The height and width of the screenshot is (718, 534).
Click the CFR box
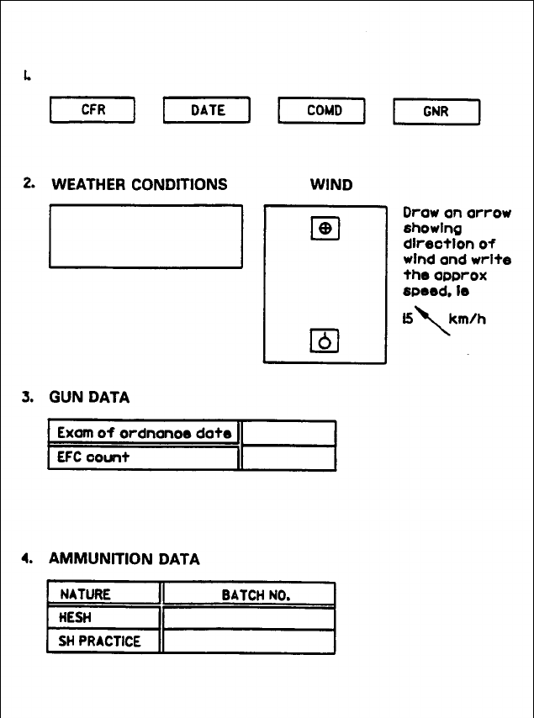[93, 111]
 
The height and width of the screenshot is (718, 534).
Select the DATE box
[207, 111]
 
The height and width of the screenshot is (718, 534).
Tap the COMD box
[323, 111]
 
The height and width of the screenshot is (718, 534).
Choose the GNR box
[436, 112]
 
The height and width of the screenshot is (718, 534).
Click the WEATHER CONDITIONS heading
[139, 184]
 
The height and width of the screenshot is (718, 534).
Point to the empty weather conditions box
[145, 236]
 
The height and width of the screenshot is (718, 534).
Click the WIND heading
[331, 184]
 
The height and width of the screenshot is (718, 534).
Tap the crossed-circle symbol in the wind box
[325, 228]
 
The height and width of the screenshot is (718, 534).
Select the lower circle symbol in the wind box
[325, 341]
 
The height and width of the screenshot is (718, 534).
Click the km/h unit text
[477, 320]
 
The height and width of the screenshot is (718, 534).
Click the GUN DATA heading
[90, 397]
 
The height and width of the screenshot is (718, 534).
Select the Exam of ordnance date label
[144, 433]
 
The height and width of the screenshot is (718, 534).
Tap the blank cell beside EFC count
[288, 459]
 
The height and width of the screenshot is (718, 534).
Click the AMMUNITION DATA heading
[124, 558]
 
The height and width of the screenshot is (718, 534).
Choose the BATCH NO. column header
[256, 594]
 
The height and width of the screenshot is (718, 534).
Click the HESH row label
[76, 617]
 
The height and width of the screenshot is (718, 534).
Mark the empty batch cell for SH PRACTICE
[249, 641]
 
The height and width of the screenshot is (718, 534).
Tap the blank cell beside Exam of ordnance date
[288, 433]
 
